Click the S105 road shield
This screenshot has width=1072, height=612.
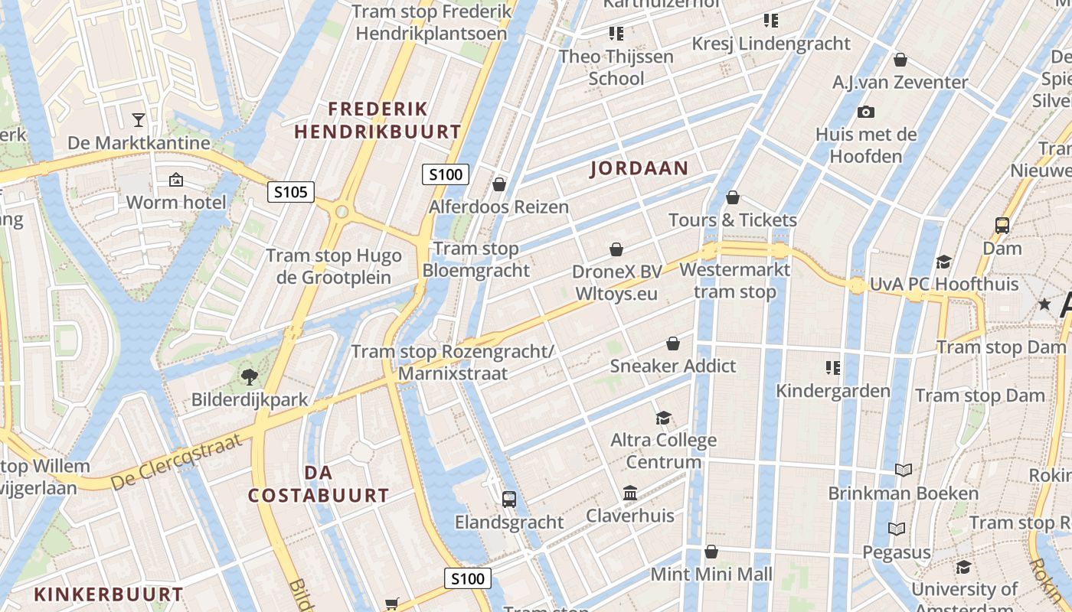tap(291, 191)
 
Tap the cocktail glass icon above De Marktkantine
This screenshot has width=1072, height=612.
tap(139, 119)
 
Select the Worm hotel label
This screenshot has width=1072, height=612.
tap(176, 202)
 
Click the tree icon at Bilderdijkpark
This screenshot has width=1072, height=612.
tap(249, 376)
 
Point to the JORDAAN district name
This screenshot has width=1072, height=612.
tap(639, 168)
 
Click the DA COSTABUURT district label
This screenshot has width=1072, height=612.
tap(319, 483)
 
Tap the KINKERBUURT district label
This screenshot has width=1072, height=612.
tap(109, 594)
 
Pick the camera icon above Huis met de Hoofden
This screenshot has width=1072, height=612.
tap(866, 112)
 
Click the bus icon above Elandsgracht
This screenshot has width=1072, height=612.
tap(509, 500)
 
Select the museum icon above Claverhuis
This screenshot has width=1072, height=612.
tap(630, 493)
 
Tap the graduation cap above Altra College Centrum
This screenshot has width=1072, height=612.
tap(663, 418)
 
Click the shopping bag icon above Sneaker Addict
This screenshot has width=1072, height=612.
tap(673, 344)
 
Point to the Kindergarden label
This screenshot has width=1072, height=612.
tap(833, 391)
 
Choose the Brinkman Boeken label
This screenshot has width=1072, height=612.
tap(904, 493)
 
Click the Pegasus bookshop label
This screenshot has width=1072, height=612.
tap(897, 552)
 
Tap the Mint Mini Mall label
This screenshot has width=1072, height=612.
tap(711, 574)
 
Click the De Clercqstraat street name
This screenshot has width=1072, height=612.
tap(177, 462)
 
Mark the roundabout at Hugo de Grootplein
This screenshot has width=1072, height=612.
tap(342, 211)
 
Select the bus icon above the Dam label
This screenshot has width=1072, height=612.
tap(1002, 226)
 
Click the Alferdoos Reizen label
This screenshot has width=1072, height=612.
tap(498, 207)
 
